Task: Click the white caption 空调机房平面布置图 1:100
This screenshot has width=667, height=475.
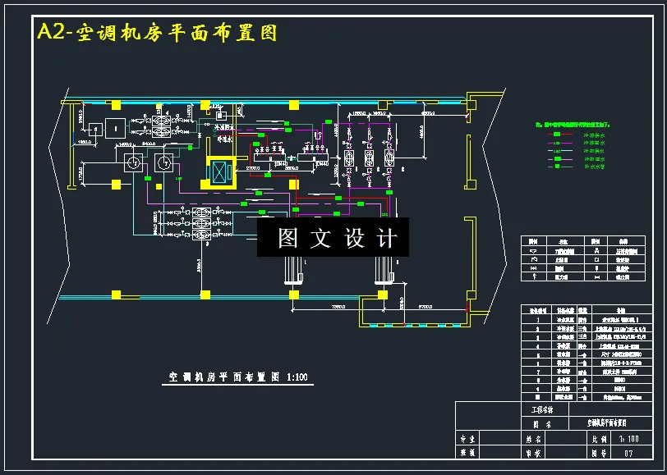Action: click(x=237, y=378)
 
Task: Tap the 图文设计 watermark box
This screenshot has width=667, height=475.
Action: click(x=333, y=238)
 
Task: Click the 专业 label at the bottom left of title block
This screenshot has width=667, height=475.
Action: click(x=468, y=440)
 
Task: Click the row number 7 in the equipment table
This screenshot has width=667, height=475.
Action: click(x=536, y=371)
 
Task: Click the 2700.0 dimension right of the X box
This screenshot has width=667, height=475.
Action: click(x=253, y=168)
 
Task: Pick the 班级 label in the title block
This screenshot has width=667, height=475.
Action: click(x=468, y=451)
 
